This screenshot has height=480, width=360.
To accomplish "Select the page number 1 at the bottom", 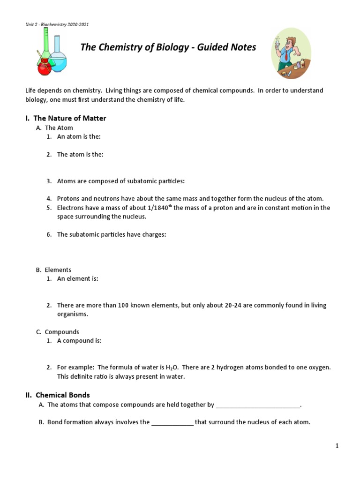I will (337, 446).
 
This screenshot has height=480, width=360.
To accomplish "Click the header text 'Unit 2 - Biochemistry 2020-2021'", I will (57, 24).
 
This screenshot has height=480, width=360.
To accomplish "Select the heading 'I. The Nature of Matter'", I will (66, 118).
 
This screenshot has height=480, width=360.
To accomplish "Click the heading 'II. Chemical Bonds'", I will (58, 395).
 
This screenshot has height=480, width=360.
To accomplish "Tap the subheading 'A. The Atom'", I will (54, 127).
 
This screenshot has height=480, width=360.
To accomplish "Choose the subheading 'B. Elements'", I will (53, 270).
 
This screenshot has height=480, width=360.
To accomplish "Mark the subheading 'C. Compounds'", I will (58, 332).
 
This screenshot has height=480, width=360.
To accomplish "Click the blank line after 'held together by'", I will (258, 405).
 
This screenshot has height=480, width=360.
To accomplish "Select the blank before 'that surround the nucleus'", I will (172, 422).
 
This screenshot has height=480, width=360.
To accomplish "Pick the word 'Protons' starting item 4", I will (68, 199).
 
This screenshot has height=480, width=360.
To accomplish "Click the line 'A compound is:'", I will (79, 341).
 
